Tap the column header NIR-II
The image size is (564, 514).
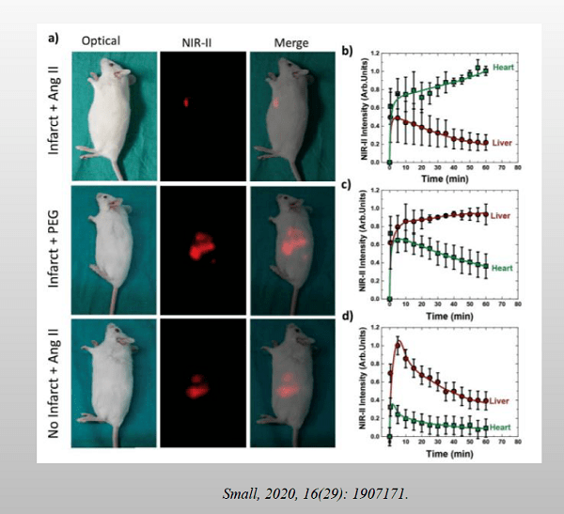(197, 41)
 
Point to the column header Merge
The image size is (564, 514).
(286, 41)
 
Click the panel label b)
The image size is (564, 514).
(347, 50)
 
